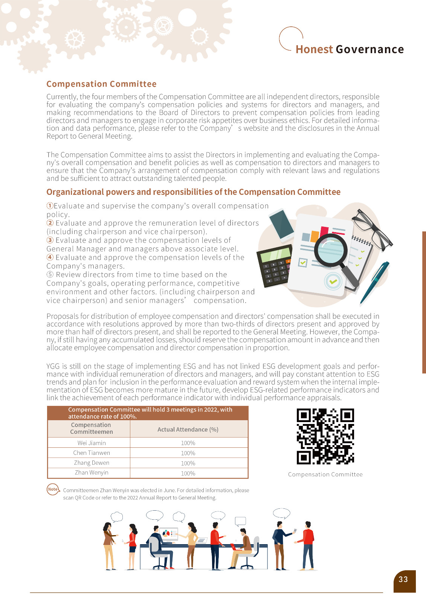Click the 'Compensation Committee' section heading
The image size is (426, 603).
tap(101, 84)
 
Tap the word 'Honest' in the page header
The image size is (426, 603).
tap(314, 49)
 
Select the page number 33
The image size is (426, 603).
tap(403, 579)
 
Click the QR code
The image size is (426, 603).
tap(325, 436)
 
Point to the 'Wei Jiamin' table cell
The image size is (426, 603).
tap(92, 443)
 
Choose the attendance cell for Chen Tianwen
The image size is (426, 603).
tap(188, 453)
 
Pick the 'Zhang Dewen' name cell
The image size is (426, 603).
tap(92, 463)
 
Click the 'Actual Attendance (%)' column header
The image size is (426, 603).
tap(188, 429)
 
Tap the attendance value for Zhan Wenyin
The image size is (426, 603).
tap(188, 473)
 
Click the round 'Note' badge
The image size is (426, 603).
tap(53, 489)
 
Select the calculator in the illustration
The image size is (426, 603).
tap(274, 266)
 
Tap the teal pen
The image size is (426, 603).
tap(374, 282)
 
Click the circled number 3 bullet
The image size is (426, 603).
tap(50, 240)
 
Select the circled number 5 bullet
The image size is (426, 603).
tap(50, 274)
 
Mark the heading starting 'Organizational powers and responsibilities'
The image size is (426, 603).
tap(193, 192)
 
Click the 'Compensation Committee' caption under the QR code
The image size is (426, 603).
tap(325, 474)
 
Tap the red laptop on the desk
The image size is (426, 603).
tap(236, 547)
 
